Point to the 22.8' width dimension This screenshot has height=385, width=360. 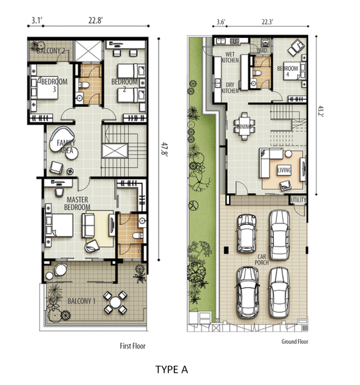(x=96, y=21)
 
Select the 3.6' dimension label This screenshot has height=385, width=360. (x=221, y=22)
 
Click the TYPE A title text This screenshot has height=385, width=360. (x=171, y=370)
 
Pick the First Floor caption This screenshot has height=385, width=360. (x=133, y=346)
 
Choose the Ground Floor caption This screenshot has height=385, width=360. (x=295, y=341)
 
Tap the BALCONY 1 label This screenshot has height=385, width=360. (x=81, y=301)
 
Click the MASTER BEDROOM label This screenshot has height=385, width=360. (x=77, y=203)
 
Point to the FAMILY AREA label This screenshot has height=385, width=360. (x=66, y=146)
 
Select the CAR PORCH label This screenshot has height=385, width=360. (x=262, y=260)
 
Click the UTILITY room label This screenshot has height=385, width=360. (x=298, y=200)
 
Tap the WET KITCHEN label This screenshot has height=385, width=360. (x=230, y=57)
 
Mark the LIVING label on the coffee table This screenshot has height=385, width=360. (x=284, y=170)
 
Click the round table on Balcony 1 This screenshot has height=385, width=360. (x=115, y=302)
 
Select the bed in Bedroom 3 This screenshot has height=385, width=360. (x=45, y=88)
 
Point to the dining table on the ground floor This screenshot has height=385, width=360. (x=244, y=126)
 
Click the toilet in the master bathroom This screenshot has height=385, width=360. (x=137, y=235)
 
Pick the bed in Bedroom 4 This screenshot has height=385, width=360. (x=293, y=71)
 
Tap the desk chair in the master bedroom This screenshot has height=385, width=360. (x=59, y=193)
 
